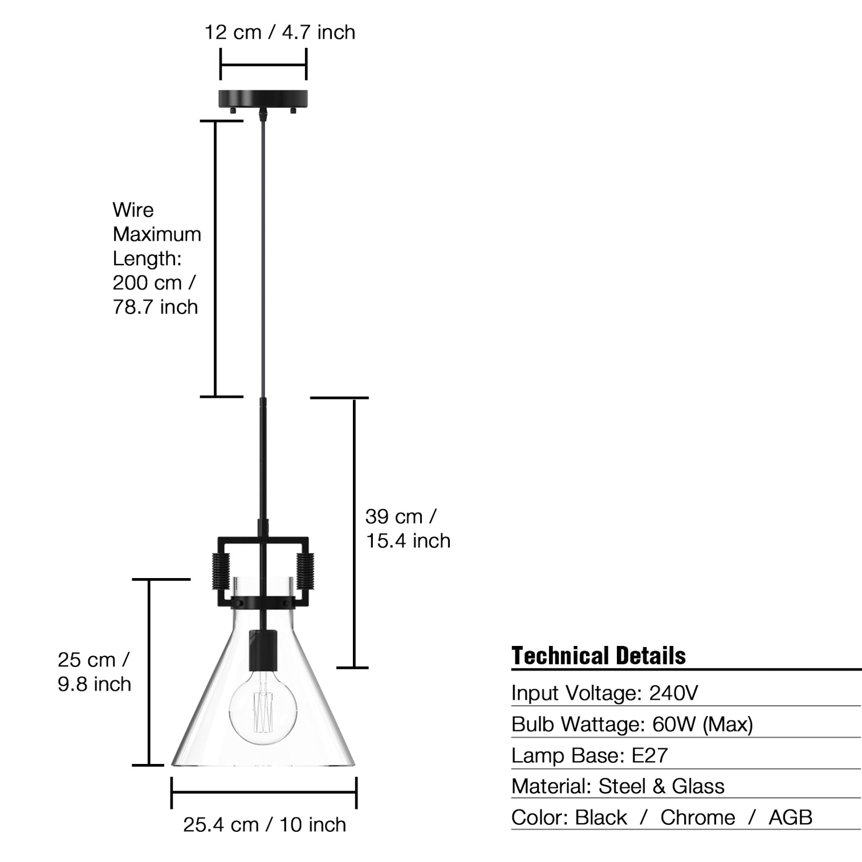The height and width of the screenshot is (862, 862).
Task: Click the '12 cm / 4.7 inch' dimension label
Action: (280, 32)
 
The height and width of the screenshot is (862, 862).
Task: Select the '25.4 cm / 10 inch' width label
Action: (265, 824)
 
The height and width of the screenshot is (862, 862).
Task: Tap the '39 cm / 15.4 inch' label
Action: (408, 528)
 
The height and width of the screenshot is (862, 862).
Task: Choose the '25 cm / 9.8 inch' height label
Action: (94, 672)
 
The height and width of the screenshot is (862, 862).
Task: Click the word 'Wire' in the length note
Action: (133, 210)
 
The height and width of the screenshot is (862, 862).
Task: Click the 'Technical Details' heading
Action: (598, 656)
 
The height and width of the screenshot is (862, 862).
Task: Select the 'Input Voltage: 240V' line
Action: (604, 693)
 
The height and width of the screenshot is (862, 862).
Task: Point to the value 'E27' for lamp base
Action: (649, 755)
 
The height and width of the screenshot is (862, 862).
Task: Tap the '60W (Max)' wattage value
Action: (702, 724)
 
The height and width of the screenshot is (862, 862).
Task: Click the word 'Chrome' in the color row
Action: (698, 817)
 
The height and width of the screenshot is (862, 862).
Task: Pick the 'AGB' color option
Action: (790, 817)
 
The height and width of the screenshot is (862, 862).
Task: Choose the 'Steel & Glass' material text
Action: (661, 786)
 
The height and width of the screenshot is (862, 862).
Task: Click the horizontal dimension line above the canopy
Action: (263, 64)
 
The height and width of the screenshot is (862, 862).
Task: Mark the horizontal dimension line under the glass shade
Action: (264, 792)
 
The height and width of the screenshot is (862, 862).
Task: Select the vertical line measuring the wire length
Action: (215, 258)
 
